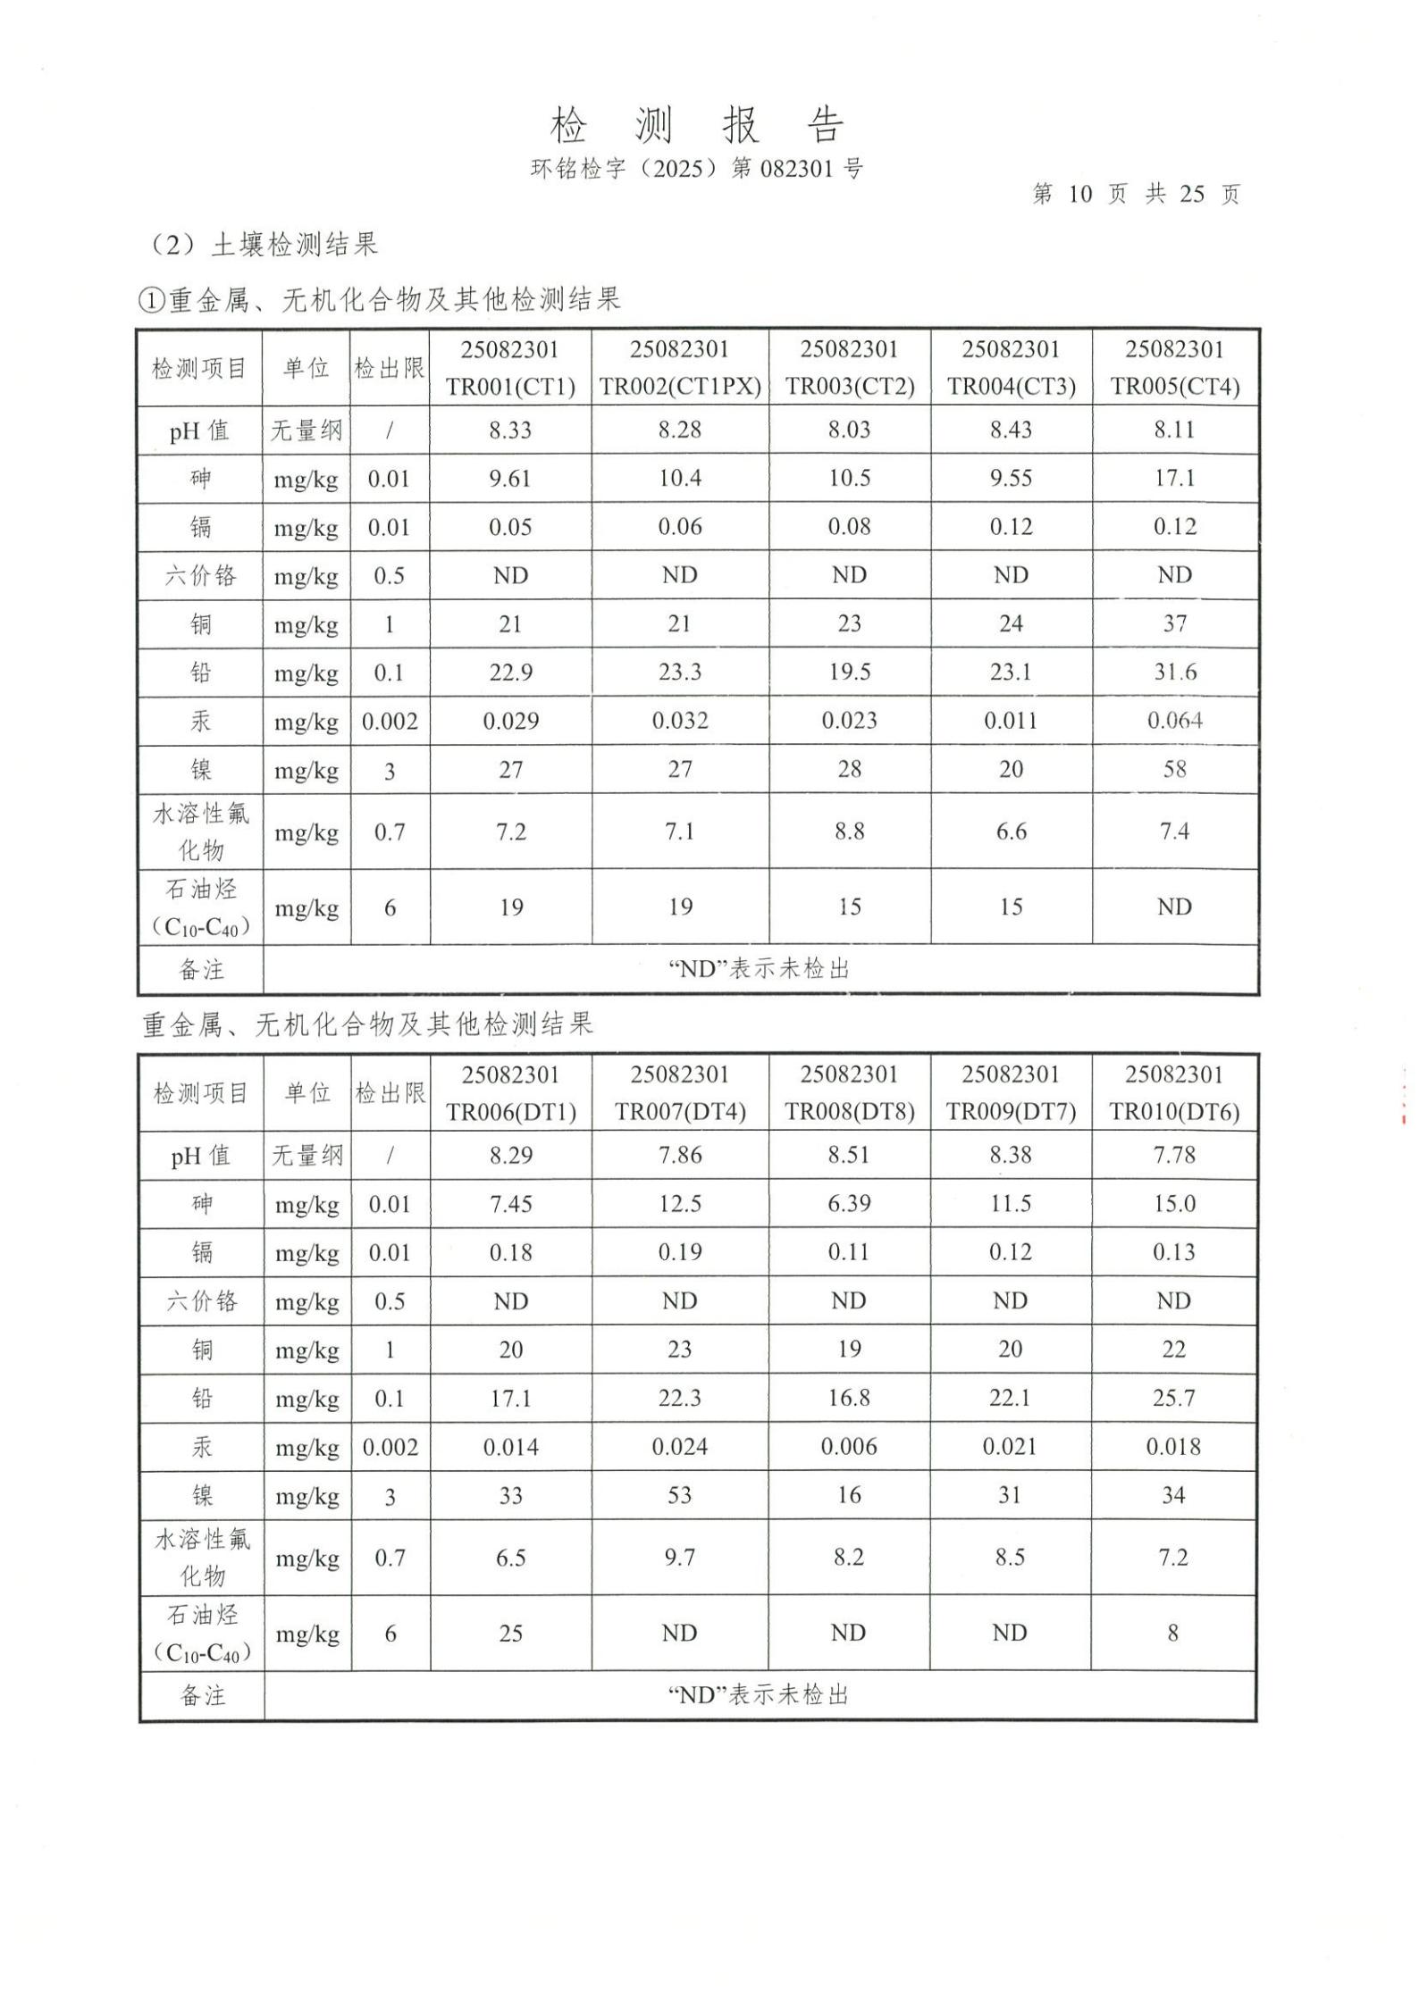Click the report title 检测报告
click(x=696, y=125)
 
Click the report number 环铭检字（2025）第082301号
click(x=696, y=169)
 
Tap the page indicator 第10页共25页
click(x=1136, y=194)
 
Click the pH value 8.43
click(x=1010, y=430)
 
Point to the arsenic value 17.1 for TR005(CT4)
click(x=1174, y=479)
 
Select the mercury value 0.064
click(x=1174, y=721)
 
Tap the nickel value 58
click(x=1174, y=769)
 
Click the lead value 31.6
click(x=1174, y=673)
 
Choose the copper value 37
click(x=1174, y=623)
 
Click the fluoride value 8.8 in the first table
click(x=849, y=832)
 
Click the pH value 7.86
click(x=679, y=1156)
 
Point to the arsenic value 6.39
click(x=849, y=1204)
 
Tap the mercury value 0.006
click(x=849, y=1447)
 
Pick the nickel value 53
click(x=679, y=1495)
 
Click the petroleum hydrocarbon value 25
click(x=510, y=1634)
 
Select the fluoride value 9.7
click(x=679, y=1558)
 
